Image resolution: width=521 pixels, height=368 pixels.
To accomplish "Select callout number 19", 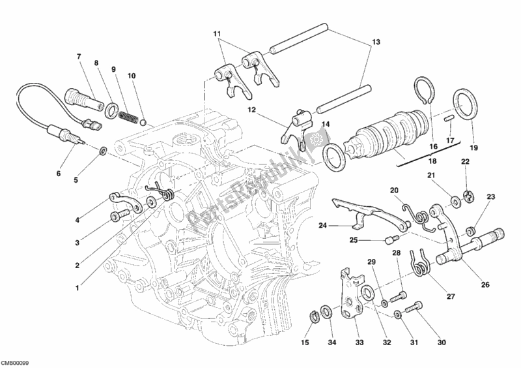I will (x=473, y=147).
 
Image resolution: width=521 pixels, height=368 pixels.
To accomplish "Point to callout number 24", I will (x=322, y=226).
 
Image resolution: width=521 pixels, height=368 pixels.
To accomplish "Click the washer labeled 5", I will (x=103, y=153).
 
